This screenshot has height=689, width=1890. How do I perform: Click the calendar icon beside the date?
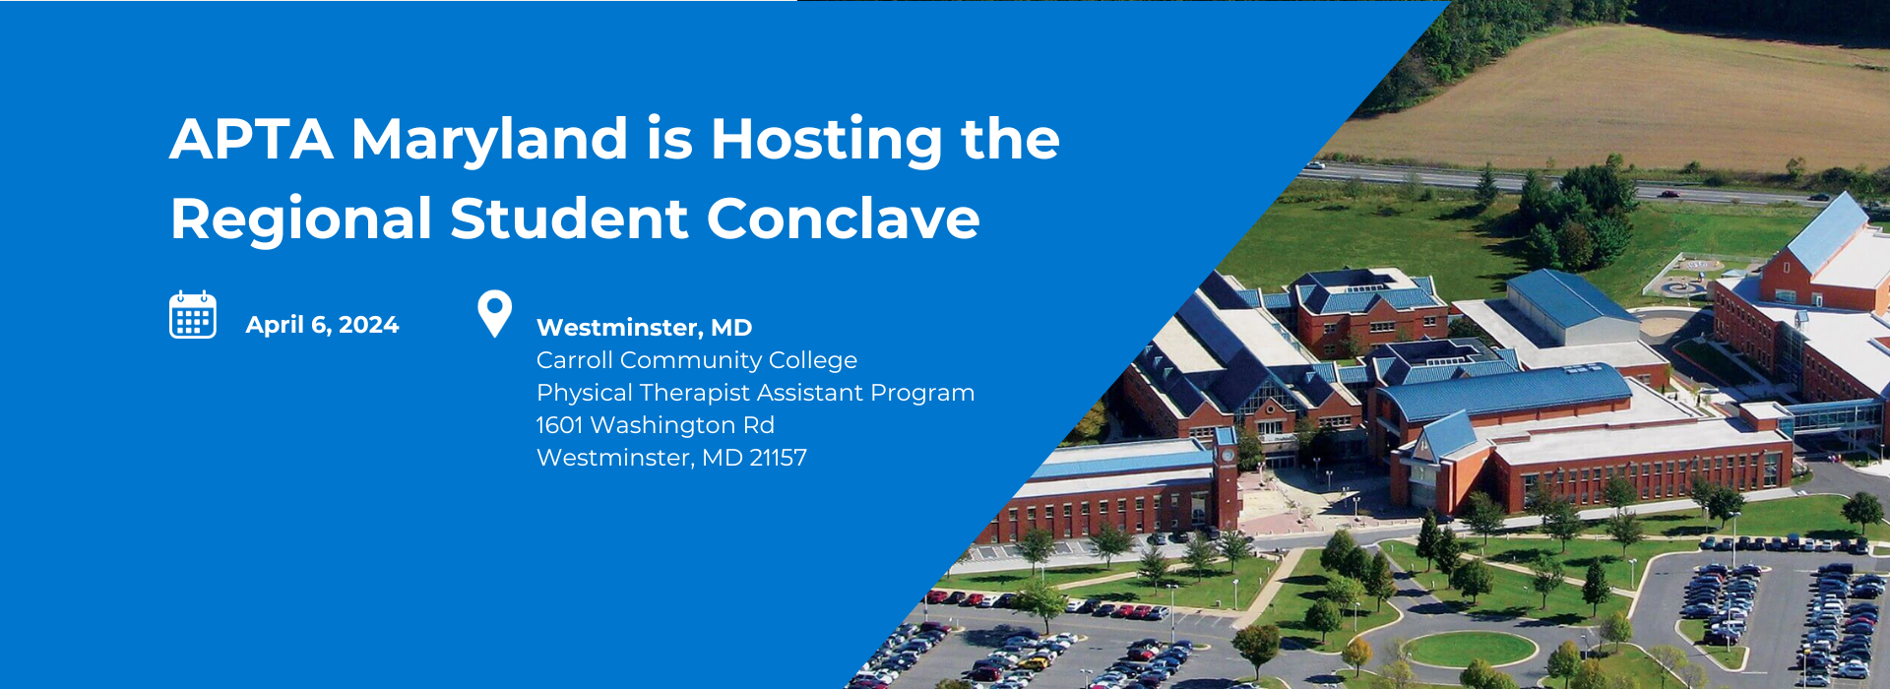tap(193, 315)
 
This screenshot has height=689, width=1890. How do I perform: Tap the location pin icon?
tap(494, 314)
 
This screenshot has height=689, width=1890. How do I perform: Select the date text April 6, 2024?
tap(322, 325)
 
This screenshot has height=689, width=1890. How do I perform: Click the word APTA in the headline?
tap(251, 139)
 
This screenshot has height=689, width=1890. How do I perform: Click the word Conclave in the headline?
tap(843, 218)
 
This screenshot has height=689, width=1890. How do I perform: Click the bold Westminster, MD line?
tap(644, 328)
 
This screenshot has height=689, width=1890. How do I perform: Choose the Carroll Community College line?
tap(697, 361)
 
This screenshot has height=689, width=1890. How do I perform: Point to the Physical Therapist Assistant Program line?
tap(756, 394)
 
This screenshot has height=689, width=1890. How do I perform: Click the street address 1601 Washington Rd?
tap(656, 425)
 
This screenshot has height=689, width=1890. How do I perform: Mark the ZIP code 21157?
tap(778, 458)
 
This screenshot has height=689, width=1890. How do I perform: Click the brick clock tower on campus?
tap(1226, 477)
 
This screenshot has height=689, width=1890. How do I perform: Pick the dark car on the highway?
tap(1668, 194)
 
